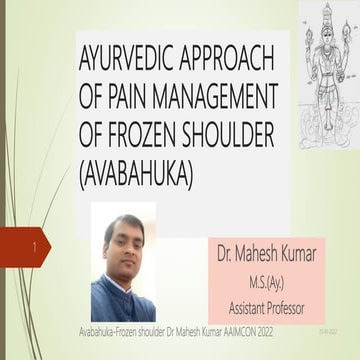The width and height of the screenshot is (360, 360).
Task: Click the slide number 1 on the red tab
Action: coord(35,244)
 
